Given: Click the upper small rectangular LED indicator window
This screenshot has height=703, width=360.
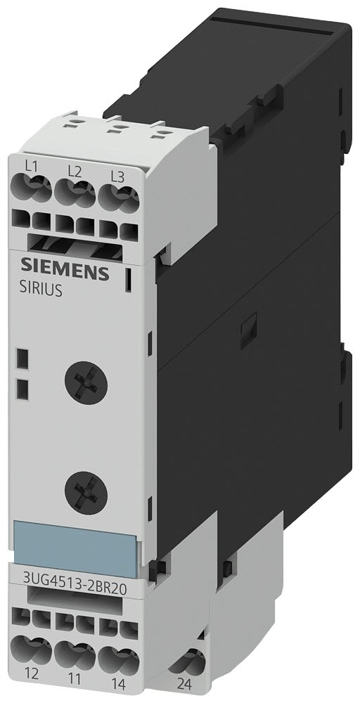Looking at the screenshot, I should click(x=22, y=361).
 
